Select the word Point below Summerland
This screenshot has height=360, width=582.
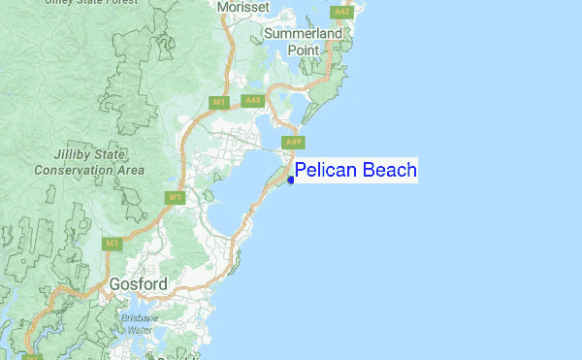[302, 50]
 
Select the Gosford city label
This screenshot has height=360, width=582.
[138, 284]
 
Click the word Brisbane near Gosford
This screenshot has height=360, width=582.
[144, 317]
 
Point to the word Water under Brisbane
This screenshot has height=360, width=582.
[141, 330]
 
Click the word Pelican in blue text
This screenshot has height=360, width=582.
[327, 171]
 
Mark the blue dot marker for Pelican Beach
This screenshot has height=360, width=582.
[291, 180]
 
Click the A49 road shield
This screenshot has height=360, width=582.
[291, 143]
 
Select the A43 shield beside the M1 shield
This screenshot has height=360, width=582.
[252, 100]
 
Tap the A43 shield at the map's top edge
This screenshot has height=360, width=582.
[340, 12]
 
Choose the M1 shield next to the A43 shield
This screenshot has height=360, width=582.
[221, 100]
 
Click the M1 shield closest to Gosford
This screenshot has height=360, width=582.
[113, 243]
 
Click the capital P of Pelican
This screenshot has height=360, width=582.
[301, 171]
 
